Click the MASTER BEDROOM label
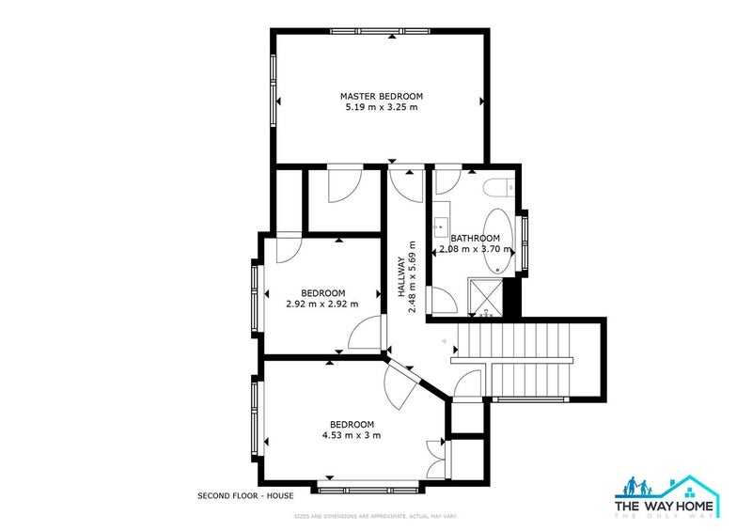pos(381,96)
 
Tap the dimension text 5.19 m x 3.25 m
pos(381,108)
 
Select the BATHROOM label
pos(475,239)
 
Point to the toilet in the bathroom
pos(497,188)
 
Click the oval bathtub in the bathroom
pos(497,242)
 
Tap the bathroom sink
pos(439,226)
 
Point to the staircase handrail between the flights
pos(511,360)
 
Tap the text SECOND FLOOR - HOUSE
pos(245,495)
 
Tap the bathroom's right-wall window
pos(525,241)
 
